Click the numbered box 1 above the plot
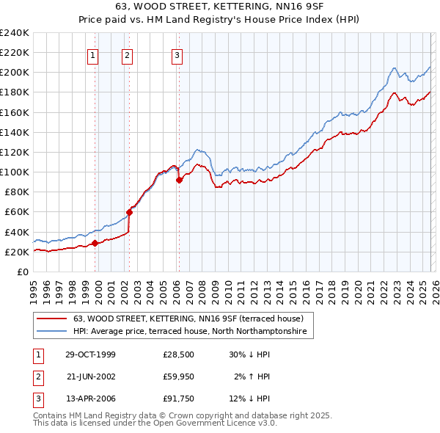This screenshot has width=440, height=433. coord(94,54)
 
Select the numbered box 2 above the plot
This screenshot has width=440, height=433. coord(128,54)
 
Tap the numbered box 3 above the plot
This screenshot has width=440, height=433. coord(177,54)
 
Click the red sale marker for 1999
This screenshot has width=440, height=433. coord(95,244)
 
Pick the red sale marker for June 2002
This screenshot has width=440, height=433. coord(129,212)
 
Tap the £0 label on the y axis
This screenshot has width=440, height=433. coord(23,272)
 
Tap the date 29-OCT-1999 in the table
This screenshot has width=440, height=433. coord(90,354)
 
